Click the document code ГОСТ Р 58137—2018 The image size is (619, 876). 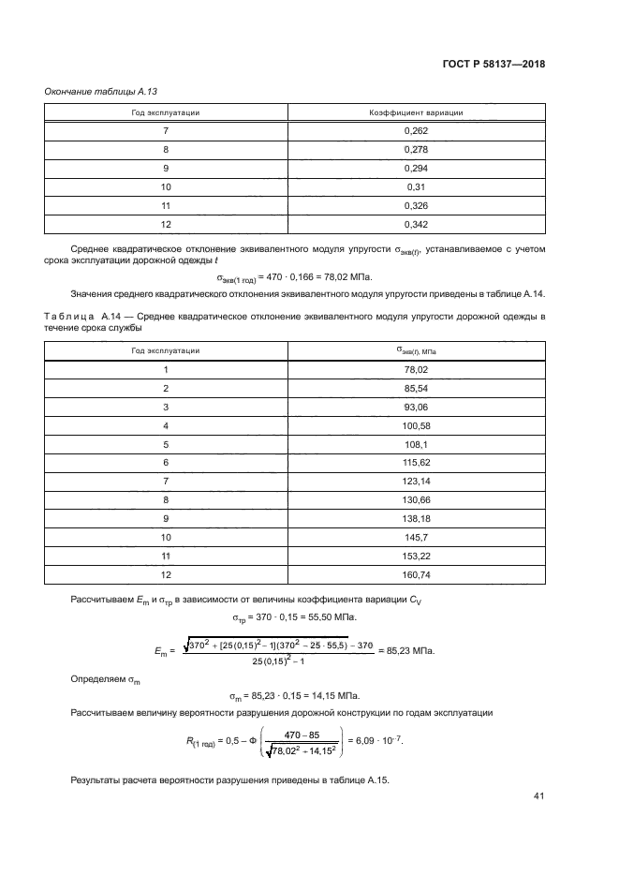(x=494, y=65)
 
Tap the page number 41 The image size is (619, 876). (x=538, y=796)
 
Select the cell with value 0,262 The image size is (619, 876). (x=417, y=131)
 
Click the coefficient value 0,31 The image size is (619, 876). (x=417, y=186)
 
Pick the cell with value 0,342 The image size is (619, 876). (x=417, y=224)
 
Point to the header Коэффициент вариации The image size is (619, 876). (x=417, y=112)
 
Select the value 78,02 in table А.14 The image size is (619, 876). (x=417, y=369)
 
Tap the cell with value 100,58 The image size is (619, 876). (x=417, y=425)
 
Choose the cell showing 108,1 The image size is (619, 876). (x=417, y=444)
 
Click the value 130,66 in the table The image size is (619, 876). (x=417, y=499)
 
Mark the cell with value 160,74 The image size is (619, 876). (x=417, y=574)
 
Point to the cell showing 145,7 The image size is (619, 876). (x=417, y=537)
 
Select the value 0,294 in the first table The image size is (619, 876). (x=417, y=168)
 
